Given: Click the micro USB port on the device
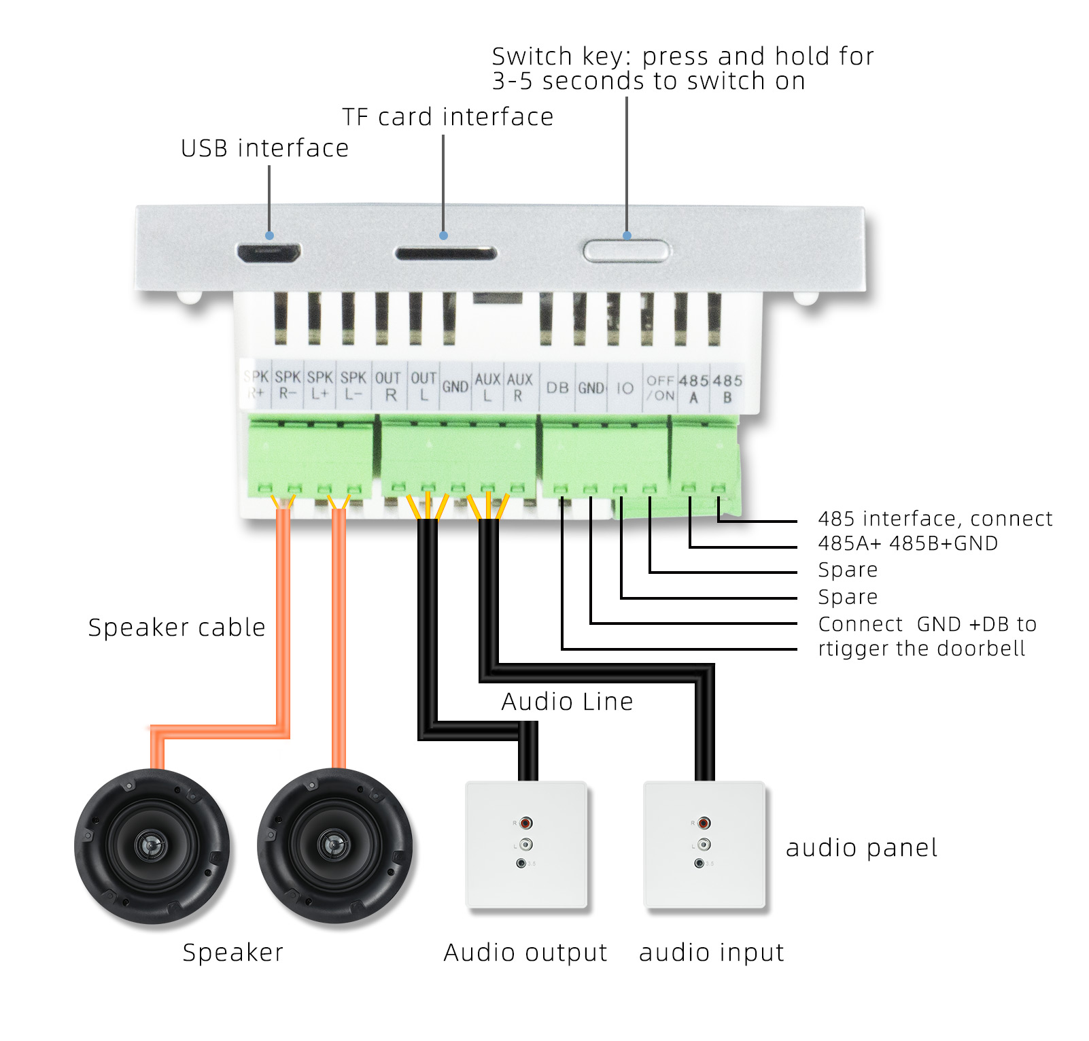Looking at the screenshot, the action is tap(269, 253).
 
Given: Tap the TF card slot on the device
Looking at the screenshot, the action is tap(446, 254).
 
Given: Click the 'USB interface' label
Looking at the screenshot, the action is tap(264, 148).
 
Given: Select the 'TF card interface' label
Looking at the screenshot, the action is tap(447, 117).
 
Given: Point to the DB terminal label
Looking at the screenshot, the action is tap(557, 388).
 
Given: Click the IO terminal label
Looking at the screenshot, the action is tap(625, 388).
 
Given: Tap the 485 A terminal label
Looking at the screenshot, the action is tap(693, 389).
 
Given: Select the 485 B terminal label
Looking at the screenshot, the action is tap(727, 389).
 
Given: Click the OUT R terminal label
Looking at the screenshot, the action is tap(388, 386).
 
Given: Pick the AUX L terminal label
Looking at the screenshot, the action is tap(487, 387).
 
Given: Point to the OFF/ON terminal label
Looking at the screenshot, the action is tap(660, 388).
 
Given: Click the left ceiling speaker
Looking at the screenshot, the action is tap(152, 846).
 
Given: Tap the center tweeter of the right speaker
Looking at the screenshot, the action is tap(334, 845).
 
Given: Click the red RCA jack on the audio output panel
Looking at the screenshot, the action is tap(525, 823).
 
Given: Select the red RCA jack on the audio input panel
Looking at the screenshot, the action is tap(704, 823).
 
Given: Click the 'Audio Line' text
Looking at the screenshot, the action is tap(567, 701).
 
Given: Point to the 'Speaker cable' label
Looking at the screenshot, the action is tap(177, 628).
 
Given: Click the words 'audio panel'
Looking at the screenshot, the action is tap(861, 848).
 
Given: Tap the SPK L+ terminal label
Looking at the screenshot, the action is tap(320, 385).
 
